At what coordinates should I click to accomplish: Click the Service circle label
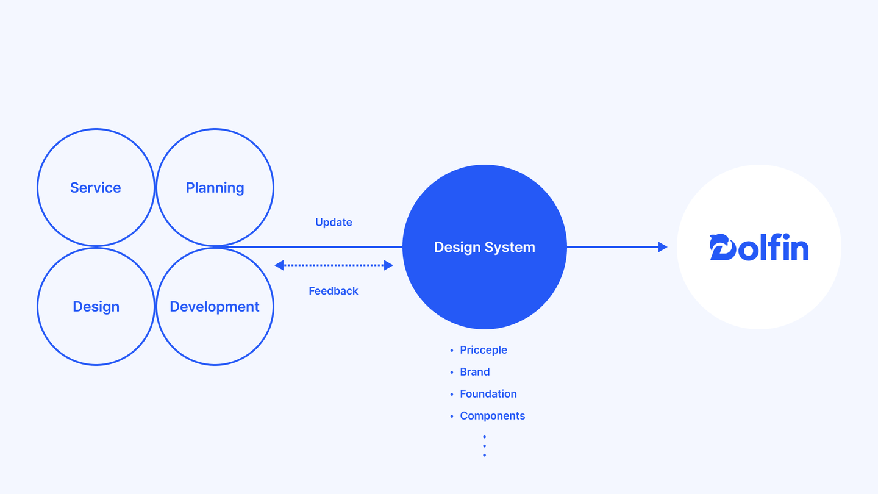[95, 188]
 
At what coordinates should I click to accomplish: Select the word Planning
[215, 188]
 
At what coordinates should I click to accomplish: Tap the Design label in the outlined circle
[96, 307]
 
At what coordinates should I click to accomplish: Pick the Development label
[215, 307]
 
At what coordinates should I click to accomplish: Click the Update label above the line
[334, 223]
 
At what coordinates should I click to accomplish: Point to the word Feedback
[334, 291]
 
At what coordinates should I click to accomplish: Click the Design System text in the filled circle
[484, 247]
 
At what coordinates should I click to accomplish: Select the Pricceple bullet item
[484, 350]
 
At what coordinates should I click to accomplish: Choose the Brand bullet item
[475, 372]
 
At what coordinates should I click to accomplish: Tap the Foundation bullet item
[488, 394]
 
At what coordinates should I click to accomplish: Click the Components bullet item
[493, 416]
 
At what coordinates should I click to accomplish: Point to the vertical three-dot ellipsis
[484, 446]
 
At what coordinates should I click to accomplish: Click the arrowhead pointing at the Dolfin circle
[663, 247]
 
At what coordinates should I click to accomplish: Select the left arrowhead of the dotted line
[279, 265]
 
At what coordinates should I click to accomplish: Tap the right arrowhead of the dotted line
[388, 265]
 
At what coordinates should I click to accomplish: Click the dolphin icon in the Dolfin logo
[722, 247]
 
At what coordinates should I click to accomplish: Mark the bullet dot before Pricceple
[452, 351]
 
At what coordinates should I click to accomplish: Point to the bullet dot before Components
[452, 417]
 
